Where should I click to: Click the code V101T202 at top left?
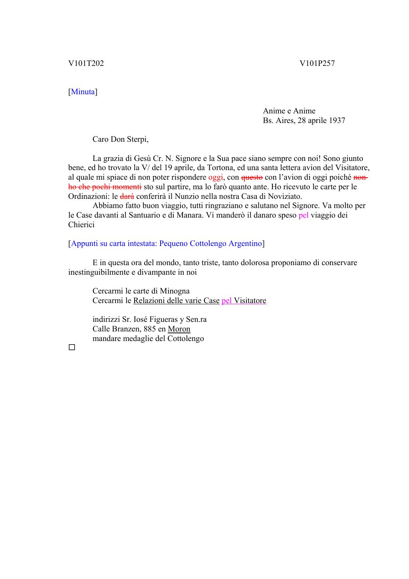(x=86, y=63)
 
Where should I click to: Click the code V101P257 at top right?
(x=317, y=63)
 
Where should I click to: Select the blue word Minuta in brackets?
(x=83, y=92)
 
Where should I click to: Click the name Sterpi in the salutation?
(x=137, y=139)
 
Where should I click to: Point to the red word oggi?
(x=215, y=177)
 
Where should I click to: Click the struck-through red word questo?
(x=252, y=177)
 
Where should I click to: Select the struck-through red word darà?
(x=127, y=196)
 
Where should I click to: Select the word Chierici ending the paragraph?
(x=81, y=225)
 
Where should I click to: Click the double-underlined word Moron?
(x=179, y=329)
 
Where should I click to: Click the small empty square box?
(x=72, y=348)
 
